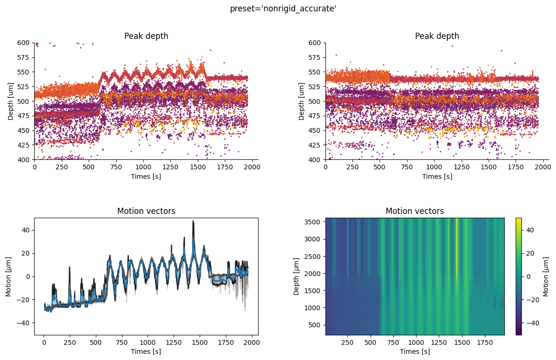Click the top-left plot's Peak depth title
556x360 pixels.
(146, 36)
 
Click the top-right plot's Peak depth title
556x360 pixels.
(437, 36)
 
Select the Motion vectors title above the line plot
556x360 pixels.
(146, 211)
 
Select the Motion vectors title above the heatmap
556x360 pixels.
(415, 211)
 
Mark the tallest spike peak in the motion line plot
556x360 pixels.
(193, 221)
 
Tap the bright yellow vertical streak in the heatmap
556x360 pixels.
(456, 247)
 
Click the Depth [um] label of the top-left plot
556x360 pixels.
(11, 101)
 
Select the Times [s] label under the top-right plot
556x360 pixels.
(437, 176)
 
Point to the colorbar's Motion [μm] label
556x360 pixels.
(546, 277)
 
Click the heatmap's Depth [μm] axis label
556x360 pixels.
(297, 277)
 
